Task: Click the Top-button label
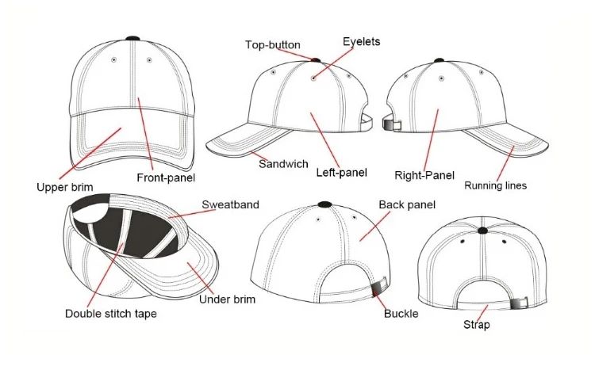coord(272,45)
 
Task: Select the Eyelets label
coord(361,41)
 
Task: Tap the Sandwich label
coord(283,164)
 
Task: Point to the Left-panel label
coord(341,172)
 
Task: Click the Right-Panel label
coord(424,175)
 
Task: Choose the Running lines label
coord(495,186)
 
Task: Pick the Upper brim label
coord(65,188)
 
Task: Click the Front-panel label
coord(166,178)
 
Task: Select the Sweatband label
coord(230,204)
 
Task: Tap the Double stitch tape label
coord(110,314)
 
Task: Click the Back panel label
coord(407,205)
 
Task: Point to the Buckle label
coord(401,314)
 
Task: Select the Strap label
coord(477,325)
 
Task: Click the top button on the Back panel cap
coord(324,204)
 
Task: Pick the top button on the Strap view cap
coord(482,231)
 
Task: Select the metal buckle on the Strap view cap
coord(520,302)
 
